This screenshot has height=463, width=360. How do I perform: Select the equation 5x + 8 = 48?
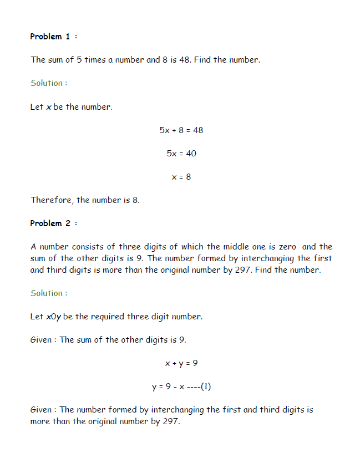181,130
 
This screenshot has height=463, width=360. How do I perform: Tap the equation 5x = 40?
181,154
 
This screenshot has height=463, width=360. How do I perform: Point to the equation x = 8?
181,177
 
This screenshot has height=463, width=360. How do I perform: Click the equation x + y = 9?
181,364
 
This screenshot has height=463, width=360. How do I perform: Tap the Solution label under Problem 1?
49,83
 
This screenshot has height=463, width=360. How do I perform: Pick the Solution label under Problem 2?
49,293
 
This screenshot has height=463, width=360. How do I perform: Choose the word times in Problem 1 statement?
95,60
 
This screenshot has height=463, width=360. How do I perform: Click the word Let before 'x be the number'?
37,107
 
